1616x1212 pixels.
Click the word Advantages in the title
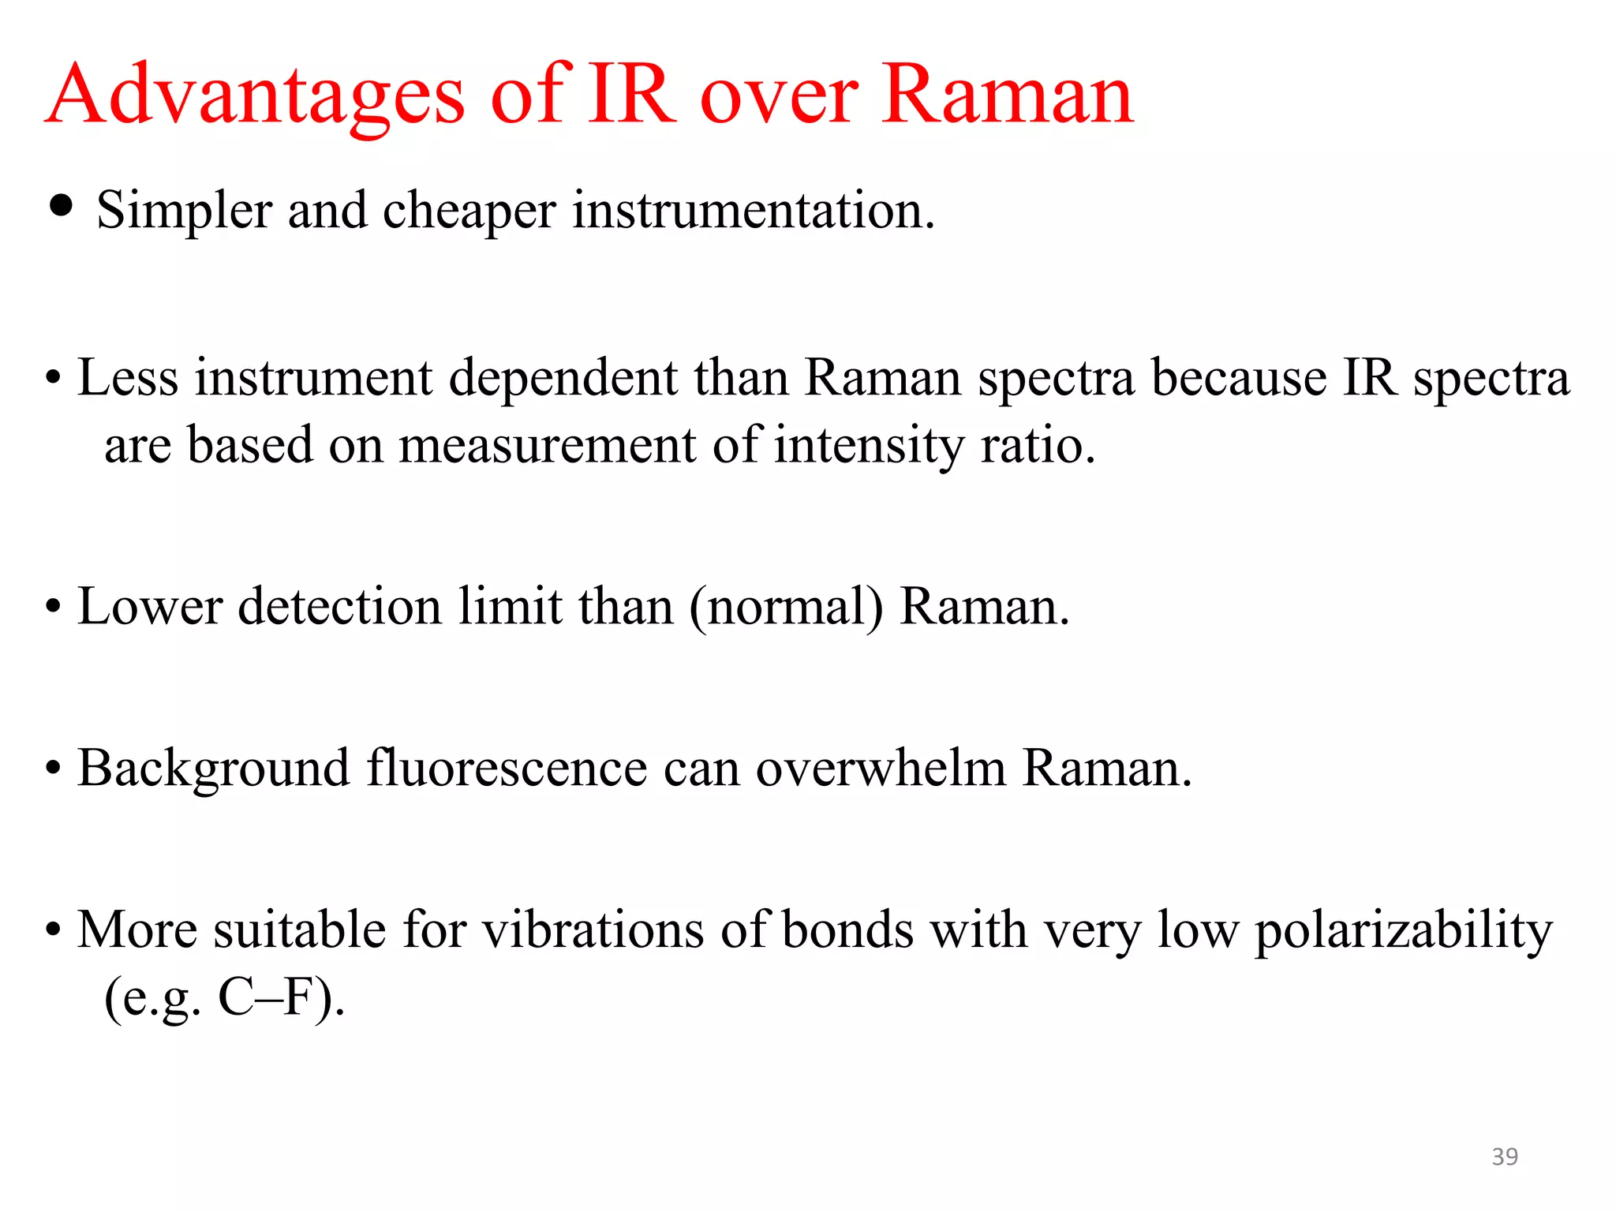[256, 96]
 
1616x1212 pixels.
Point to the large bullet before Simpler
[61, 207]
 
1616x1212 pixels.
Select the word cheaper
[469, 211]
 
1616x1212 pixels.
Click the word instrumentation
[754, 211]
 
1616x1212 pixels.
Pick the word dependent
[563, 378]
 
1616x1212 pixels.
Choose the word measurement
[548, 446]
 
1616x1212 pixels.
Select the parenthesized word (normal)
[787, 608]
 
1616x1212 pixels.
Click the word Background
[214, 769]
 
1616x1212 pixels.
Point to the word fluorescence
[507, 769]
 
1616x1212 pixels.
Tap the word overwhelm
[881, 769]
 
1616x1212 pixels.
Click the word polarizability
[1404, 932]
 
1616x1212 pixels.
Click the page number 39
[1505, 1157]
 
